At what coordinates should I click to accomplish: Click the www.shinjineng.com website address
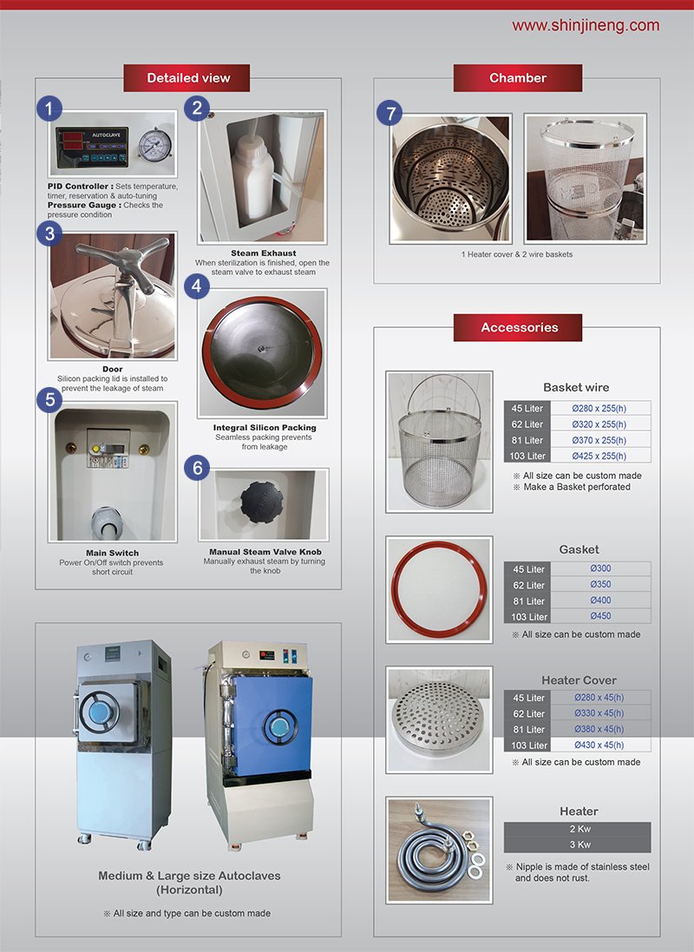(586, 25)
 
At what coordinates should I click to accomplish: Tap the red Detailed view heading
(187, 78)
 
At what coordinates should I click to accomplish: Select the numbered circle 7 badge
(390, 113)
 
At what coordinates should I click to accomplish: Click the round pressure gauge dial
(154, 144)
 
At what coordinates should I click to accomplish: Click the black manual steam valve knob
(262, 502)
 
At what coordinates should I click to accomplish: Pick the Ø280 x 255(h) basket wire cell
(599, 409)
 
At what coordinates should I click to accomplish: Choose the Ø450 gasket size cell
(600, 616)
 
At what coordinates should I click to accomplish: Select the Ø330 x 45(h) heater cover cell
(599, 713)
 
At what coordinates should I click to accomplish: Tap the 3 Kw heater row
(578, 844)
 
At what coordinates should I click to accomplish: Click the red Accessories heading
(518, 327)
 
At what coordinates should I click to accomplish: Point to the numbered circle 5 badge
(49, 399)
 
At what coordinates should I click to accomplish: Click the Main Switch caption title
(112, 553)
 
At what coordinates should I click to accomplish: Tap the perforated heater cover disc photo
(439, 719)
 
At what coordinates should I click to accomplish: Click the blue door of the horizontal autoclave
(272, 726)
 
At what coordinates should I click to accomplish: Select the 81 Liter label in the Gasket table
(527, 601)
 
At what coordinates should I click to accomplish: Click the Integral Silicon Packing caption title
(265, 428)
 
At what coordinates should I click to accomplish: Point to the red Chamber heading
(518, 78)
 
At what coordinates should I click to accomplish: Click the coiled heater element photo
(439, 850)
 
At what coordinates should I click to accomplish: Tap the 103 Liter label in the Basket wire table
(527, 456)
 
